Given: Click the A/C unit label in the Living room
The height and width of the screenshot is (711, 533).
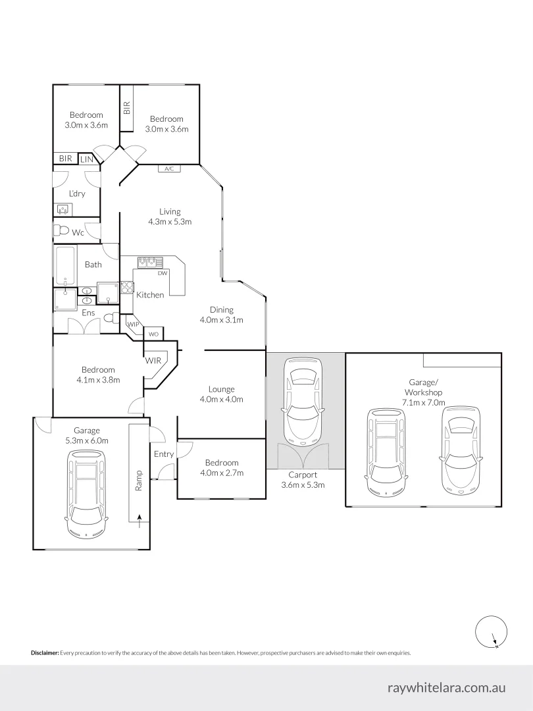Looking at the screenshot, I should click(168, 169).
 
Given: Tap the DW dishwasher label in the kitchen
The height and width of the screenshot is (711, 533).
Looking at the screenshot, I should click(162, 273).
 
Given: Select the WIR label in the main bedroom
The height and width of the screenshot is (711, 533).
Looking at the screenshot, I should click(153, 360).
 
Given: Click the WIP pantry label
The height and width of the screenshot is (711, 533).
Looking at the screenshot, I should click(133, 325).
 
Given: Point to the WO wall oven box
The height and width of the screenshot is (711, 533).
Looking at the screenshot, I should click(153, 334).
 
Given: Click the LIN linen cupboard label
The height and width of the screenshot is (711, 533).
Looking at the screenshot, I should click(86, 159).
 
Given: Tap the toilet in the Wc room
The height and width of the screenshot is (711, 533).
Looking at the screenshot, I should click(63, 230).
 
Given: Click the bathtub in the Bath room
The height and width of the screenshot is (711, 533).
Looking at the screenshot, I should click(65, 264).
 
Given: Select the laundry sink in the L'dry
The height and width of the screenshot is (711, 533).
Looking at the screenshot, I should click(64, 209).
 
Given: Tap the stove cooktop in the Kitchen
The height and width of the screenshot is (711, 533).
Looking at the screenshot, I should click(128, 287).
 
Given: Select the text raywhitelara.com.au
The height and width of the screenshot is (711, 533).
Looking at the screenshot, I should click(446, 687).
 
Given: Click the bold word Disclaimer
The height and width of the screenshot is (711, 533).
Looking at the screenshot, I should click(45, 653).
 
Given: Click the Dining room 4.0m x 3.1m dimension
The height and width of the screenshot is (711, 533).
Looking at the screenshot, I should click(222, 321).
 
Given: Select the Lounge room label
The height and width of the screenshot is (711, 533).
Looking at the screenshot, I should click(222, 389).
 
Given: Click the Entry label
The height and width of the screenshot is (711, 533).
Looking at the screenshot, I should click(164, 454).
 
